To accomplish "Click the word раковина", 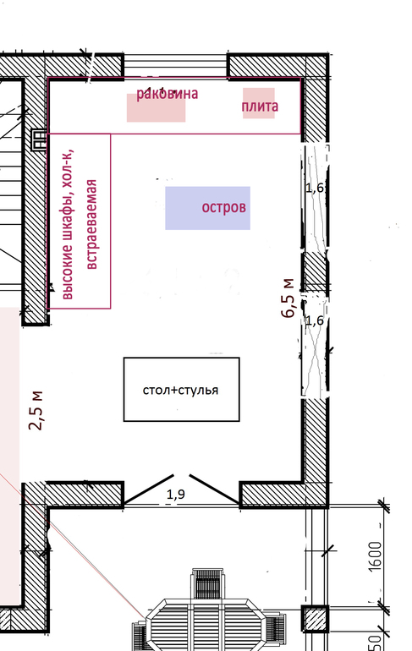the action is [x=167, y=93].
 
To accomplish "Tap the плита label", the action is [x=260, y=107].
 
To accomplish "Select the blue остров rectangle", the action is [x=207, y=208].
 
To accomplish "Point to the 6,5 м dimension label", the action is [x=288, y=298].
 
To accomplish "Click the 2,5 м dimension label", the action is [x=36, y=410].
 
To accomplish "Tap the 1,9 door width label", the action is [x=176, y=494].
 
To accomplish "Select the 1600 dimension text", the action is [x=375, y=556].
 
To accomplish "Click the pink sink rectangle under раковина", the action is [x=156, y=107].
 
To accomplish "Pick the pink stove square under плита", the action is [x=259, y=103].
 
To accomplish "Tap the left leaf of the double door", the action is [x=148, y=489].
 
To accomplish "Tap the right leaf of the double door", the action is [x=214, y=489].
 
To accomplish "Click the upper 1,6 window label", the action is [x=315, y=188].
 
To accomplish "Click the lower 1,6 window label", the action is [x=315, y=320].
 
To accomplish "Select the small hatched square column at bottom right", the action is [x=315, y=619].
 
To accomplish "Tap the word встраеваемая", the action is [x=91, y=224].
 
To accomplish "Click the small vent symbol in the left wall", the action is [x=39, y=139].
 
